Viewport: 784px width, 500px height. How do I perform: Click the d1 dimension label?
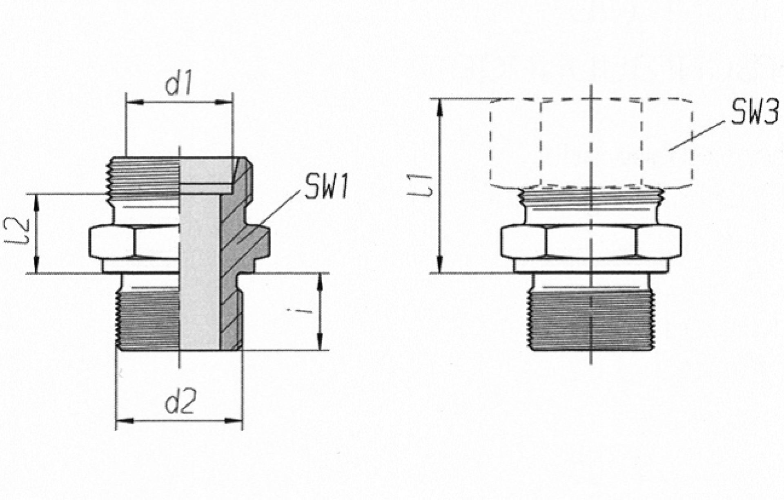178,84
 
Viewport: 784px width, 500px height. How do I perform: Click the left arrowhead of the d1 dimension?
132,102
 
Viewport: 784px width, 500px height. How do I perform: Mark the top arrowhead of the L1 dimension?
440,105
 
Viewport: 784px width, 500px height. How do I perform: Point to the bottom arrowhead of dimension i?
320,343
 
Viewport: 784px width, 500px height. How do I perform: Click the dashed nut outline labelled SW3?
592,143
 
